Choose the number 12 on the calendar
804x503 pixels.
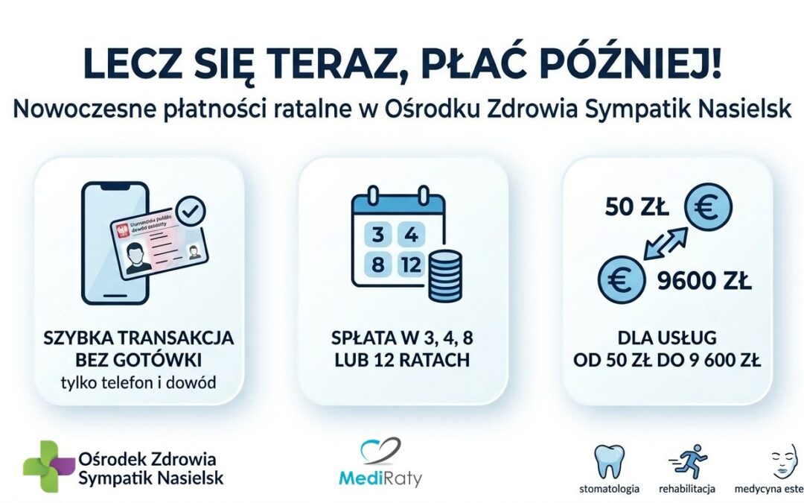click(410, 265)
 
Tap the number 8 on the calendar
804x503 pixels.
click(377, 265)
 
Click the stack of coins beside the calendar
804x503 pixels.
click(444, 276)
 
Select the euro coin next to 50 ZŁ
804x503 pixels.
click(708, 209)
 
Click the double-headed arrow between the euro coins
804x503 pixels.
click(663, 244)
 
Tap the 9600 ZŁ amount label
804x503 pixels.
click(704, 283)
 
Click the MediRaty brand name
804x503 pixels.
click(380, 476)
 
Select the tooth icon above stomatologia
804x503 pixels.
click(609, 461)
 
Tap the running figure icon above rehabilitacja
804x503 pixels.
click(687, 461)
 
